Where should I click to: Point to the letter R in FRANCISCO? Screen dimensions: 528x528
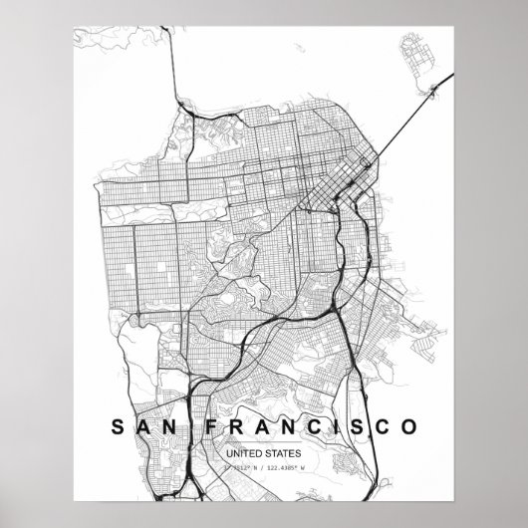(x=238, y=399)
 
